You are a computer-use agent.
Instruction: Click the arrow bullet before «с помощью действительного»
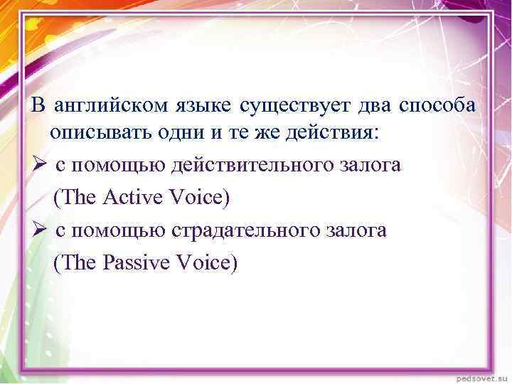point(39,166)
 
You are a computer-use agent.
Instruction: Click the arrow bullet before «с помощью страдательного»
point(39,231)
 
